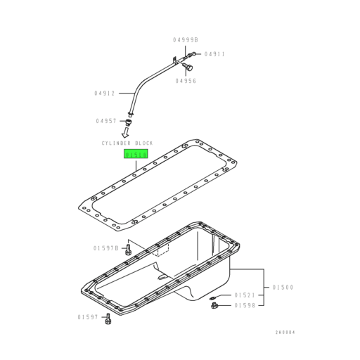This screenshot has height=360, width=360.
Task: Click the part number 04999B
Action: tap(186, 40)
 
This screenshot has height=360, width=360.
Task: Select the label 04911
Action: tap(214, 53)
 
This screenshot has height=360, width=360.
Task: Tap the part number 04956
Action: tap(186, 80)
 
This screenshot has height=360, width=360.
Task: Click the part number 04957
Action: tap(106, 121)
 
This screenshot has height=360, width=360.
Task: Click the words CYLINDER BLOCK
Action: tap(126, 143)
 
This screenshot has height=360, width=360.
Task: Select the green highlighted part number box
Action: tap(136, 155)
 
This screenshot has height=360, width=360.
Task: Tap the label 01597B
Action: tap(105, 248)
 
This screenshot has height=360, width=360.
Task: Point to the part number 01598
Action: tap(245, 305)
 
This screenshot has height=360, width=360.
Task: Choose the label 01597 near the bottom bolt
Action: tap(89, 318)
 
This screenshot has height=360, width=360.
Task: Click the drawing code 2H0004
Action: tap(285, 332)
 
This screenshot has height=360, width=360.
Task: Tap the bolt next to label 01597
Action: tap(108, 320)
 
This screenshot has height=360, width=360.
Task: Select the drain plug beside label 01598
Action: tap(213, 305)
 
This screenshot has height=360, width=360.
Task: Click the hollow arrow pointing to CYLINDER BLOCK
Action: tap(127, 131)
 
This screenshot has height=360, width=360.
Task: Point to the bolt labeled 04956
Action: tap(188, 67)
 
